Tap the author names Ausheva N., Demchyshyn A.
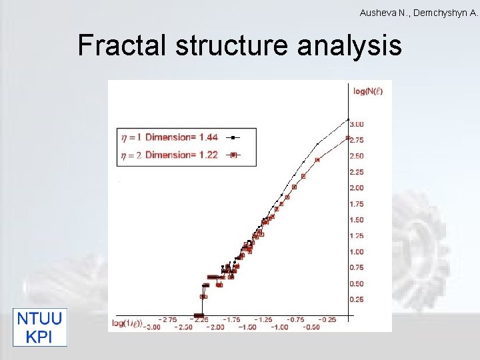418,13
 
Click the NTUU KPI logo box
41,327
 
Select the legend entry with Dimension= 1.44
172,138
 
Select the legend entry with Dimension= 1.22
172,155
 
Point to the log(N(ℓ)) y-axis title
368,91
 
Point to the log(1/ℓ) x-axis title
127,323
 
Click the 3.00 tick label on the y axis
357,124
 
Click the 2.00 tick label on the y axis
357,188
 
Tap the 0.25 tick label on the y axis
357,299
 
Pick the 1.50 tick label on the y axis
357,220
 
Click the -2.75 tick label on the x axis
166,319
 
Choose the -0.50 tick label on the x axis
310,327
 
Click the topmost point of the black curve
348,120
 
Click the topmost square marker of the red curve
348,138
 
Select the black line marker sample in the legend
233,138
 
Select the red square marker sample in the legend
233,155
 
